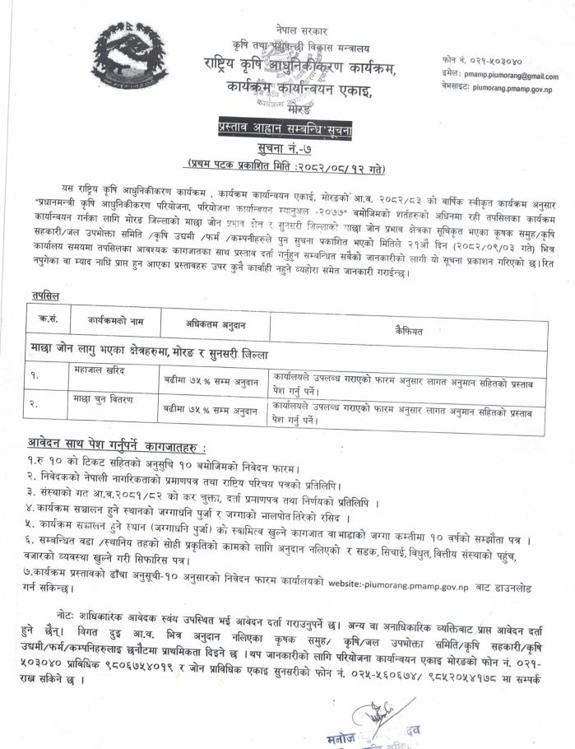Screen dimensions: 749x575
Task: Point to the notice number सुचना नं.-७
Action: tap(286, 148)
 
